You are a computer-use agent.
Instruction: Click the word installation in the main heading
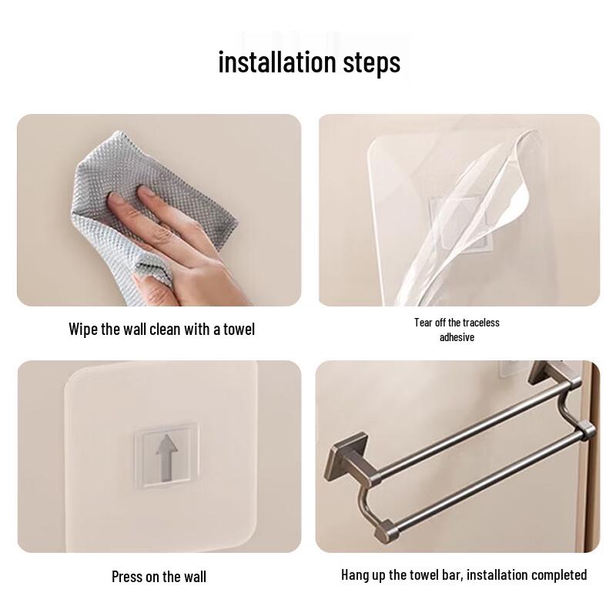(x=282, y=62)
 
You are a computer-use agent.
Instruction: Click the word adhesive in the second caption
(x=457, y=337)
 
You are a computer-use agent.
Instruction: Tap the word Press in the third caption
(x=127, y=577)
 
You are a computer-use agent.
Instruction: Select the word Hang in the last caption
(x=355, y=575)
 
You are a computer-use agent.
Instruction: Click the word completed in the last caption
(x=557, y=575)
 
